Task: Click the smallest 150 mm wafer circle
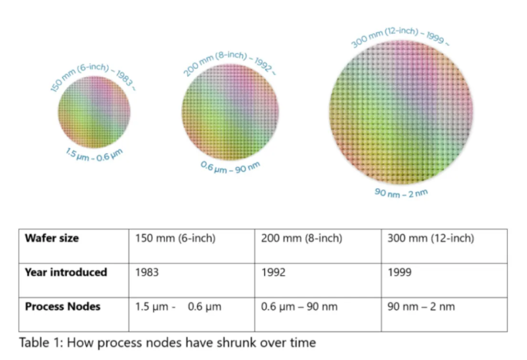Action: click(x=95, y=112)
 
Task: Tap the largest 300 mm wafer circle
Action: click(x=402, y=112)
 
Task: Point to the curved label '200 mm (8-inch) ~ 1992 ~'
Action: click(x=229, y=56)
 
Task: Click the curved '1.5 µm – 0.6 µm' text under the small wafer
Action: click(x=94, y=154)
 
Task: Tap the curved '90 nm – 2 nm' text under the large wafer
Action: click(x=401, y=191)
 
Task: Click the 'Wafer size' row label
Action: click(x=51, y=238)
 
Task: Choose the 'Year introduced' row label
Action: click(x=65, y=272)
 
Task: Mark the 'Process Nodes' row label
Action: click(x=62, y=306)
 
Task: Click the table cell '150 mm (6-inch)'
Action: click(x=175, y=238)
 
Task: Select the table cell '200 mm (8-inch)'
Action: click(x=301, y=238)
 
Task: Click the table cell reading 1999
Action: click(x=401, y=272)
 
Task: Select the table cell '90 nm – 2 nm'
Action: click(x=421, y=306)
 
